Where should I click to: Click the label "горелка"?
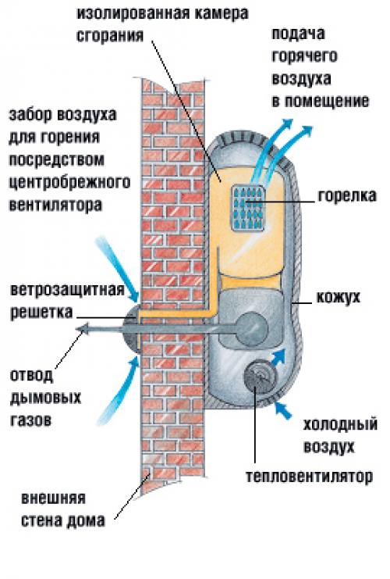click(348, 195)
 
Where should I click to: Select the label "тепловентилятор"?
click(307, 475)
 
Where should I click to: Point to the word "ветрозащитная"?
click(68, 291)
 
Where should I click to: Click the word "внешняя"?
click(55, 499)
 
